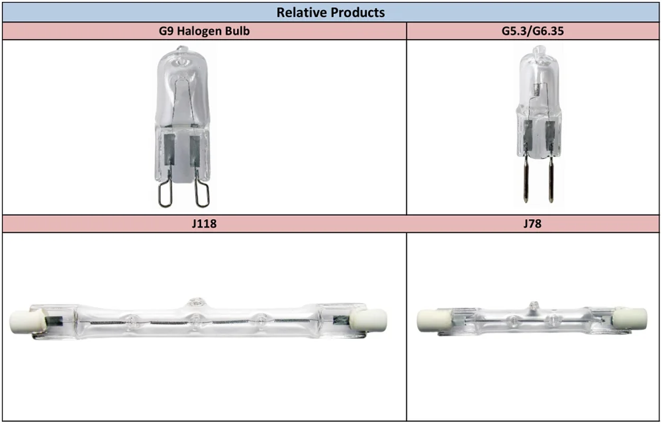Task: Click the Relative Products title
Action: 330,12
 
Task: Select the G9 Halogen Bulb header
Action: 205,31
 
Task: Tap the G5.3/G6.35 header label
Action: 532,31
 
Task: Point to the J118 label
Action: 205,224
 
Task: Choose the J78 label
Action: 532,224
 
